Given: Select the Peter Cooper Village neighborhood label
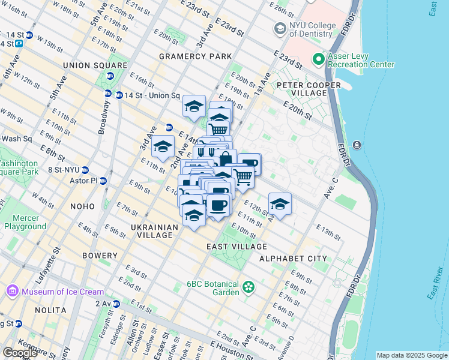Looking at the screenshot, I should coord(309,85).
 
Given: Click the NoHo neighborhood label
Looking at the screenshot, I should coord(82,206).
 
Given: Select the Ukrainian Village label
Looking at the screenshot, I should coord(154,232).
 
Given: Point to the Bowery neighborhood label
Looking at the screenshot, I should coord(100,256).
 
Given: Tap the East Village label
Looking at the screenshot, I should coord(237,247).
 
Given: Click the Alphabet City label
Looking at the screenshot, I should coord(293,259).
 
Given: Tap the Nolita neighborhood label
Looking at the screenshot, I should coord(50,310).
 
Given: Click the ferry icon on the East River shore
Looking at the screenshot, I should coord(357,145).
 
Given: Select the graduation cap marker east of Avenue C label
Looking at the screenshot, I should coord(280,205).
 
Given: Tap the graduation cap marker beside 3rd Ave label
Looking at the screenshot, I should coord(163,146).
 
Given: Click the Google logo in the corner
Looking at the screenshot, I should coord(20,353).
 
